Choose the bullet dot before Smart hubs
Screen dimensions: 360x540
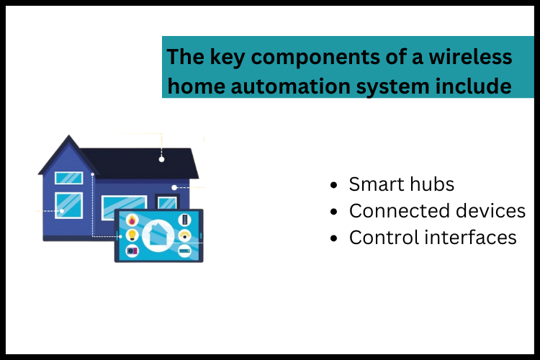click(333, 185)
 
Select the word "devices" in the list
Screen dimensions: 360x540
click(491, 211)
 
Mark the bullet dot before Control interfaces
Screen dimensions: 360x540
click(333, 238)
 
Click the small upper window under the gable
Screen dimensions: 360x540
click(68, 177)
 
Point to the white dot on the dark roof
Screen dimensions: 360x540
click(162, 158)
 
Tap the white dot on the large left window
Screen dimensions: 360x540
click(62, 211)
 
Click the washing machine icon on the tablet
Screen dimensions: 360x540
click(132, 251)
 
